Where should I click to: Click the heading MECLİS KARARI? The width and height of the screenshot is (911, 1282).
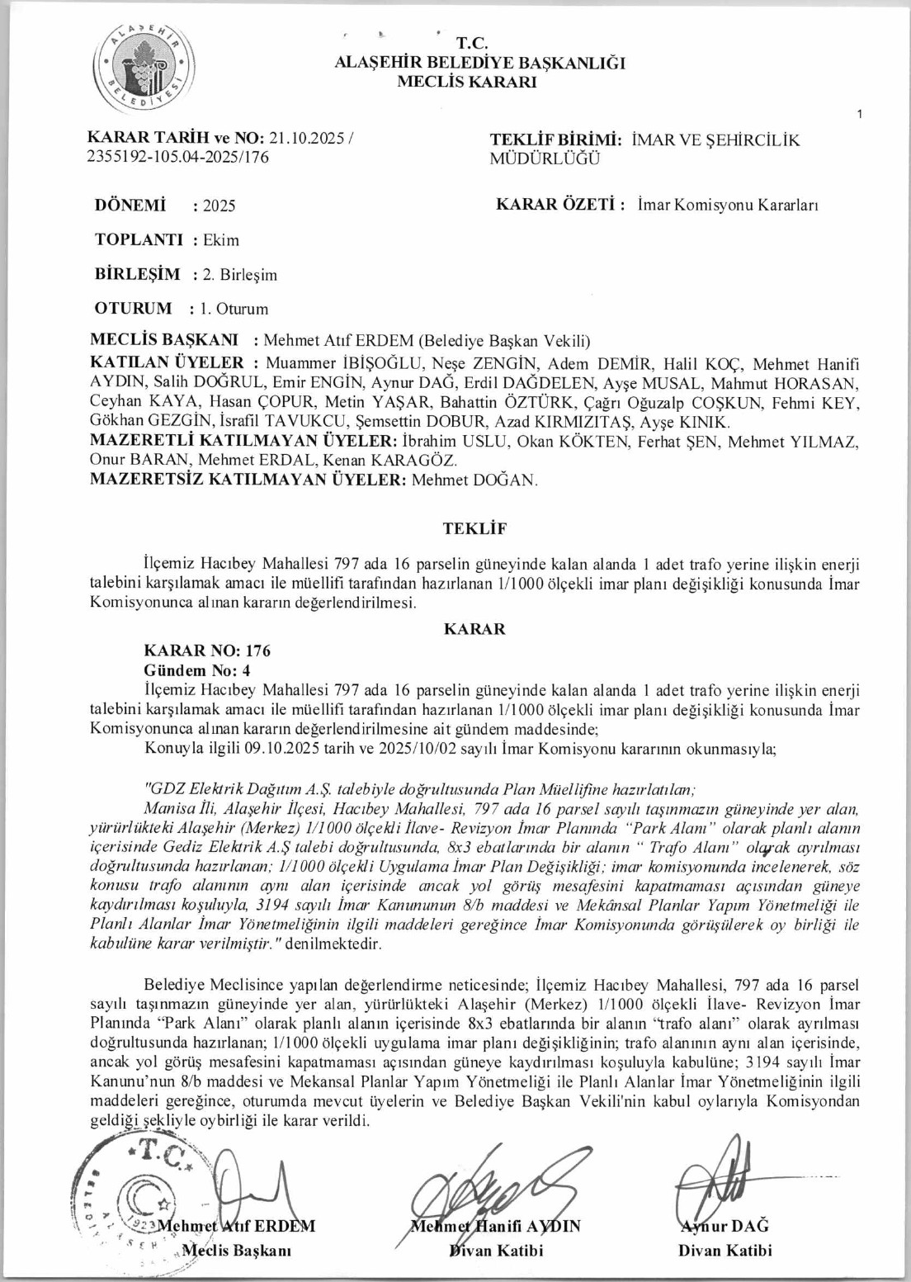(467, 82)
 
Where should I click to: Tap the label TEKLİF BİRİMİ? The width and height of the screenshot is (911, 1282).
(555, 140)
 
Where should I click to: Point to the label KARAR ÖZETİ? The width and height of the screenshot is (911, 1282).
(559, 206)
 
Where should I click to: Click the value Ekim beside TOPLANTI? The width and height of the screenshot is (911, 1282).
(221, 240)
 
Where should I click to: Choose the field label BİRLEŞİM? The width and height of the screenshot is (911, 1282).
(138, 274)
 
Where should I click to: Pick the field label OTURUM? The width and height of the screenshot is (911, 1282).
(134, 309)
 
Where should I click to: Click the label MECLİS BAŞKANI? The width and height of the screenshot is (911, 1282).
(164, 340)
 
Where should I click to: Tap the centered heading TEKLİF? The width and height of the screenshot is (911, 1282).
(474, 528)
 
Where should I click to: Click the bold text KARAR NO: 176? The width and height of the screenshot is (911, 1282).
(207, 651)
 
